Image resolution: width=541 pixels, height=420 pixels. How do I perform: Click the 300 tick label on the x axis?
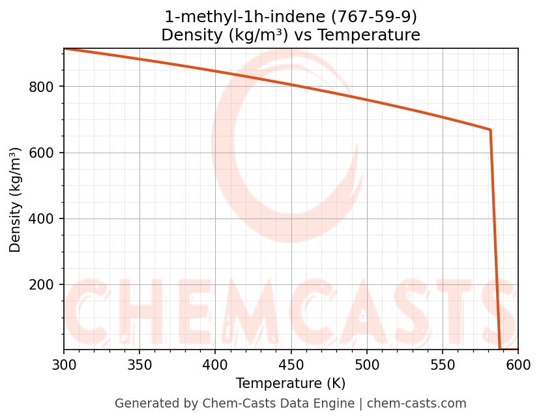(x=64, y=364)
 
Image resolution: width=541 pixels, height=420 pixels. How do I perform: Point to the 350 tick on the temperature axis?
(x=139, y=364)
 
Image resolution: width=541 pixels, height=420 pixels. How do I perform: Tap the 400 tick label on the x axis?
(x=215, y=364)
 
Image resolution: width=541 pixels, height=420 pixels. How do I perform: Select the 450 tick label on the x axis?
(x=291, y=364)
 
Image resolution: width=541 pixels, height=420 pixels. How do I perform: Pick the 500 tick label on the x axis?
(x=367, y=364)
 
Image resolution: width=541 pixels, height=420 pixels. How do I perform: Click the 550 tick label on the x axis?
(x=443, y=364)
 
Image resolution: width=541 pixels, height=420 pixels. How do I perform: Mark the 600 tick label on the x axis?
(x=518, y=364)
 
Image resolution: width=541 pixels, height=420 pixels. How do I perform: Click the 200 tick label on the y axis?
(x=42, y=285)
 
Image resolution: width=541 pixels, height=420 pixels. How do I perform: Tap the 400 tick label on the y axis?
(x=42, y=219)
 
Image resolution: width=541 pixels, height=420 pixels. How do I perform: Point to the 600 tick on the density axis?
(x=42, y=153)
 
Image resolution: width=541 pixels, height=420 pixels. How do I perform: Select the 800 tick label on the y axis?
(x=42, y=87)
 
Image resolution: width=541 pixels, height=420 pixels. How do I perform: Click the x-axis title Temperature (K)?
(x=291, y=383)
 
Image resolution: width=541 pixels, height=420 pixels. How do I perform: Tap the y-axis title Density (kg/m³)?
(x=16, y=200)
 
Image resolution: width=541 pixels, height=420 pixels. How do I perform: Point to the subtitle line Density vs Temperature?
(x=291, y=35)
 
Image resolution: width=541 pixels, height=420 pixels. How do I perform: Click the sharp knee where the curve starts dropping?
(x=490, y=130)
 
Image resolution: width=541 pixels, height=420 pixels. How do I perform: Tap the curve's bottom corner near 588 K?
(x=500, y=349)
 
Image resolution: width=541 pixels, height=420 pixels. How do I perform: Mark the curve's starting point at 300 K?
(x=64, y=49)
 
